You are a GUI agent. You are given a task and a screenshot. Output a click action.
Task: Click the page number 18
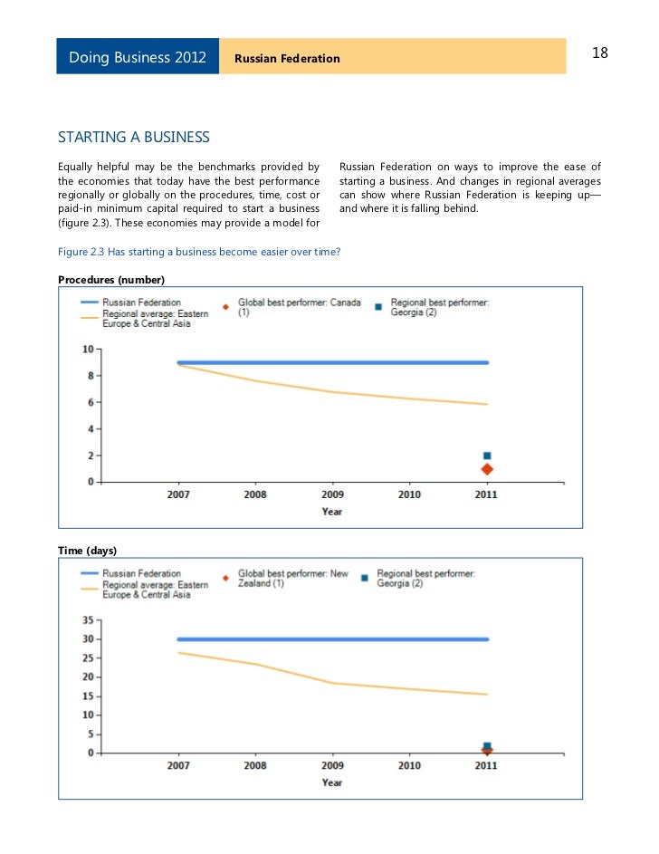(599, 53)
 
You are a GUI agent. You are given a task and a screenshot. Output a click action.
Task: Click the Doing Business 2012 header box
(138, 57)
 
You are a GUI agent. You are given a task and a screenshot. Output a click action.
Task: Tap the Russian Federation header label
(287, 59)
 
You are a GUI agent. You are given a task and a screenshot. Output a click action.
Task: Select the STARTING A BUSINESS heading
(134, 138)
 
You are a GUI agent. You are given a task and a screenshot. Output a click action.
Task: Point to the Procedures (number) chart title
(111, 279)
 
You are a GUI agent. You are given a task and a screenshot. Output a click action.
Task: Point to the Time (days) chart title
(88, 551)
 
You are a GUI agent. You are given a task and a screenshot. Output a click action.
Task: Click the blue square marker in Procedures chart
(487, 456)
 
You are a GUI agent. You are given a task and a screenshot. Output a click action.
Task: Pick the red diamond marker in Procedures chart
(487, 469)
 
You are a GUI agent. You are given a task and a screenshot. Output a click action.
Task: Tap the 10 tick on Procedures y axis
(88, 349)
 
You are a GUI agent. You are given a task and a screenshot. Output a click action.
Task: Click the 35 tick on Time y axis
(87, 620)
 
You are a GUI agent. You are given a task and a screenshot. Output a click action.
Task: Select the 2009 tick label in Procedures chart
(332, 494)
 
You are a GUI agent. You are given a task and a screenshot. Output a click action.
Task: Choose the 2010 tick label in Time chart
(409, 765)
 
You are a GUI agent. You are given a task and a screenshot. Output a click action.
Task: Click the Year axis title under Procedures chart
(332, 512)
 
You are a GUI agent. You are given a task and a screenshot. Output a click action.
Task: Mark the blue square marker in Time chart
(487, 745)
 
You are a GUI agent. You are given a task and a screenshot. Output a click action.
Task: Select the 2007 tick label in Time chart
(178, 765)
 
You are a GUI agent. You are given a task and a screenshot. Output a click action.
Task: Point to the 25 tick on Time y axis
(87, 658)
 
